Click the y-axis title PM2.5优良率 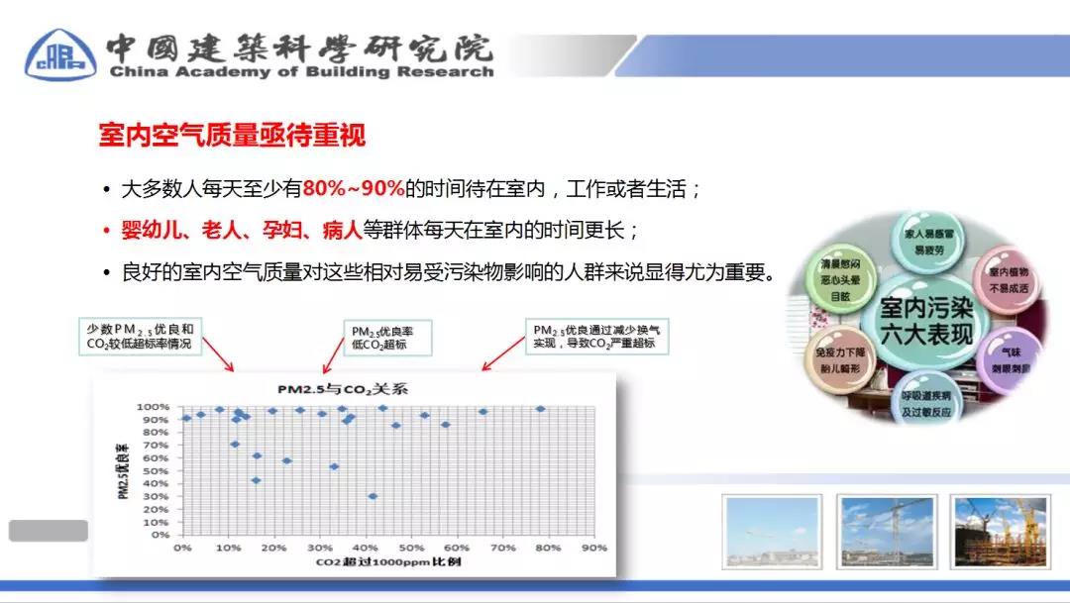tap(124, 469)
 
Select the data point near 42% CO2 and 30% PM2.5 tap(373, 496)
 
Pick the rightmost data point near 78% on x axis tap(540, 409)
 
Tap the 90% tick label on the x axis tap(593, 547)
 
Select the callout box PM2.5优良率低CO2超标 tap(380, 337)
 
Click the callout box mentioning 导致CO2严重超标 tap(598, 337)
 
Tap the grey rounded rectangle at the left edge tap(48, 531)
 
